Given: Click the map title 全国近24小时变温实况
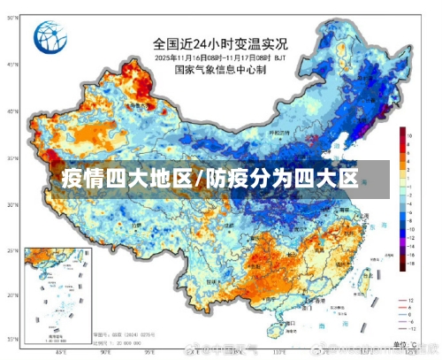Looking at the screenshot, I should pos(220,42).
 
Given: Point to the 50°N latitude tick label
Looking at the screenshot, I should pos(11,65).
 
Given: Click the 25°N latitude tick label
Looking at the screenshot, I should pos(11,252).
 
